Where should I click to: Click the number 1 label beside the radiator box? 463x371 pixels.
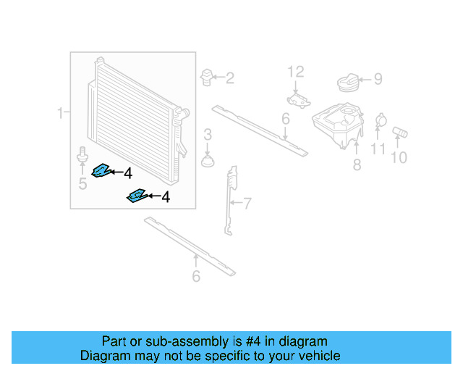pos(61,112)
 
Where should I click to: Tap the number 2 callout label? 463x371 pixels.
pos(229,78)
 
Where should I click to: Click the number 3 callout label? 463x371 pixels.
pos(208,134)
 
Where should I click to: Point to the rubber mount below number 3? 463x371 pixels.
pos(208,159)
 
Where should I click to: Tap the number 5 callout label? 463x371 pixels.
pos(82,184)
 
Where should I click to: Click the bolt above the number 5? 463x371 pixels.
pos(82,156)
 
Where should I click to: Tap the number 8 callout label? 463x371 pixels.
pos(357,165)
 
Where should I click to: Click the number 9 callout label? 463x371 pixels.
pos(378,80)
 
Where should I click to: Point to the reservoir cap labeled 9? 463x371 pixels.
pos(350,83)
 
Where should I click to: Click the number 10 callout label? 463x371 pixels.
pos(399,157)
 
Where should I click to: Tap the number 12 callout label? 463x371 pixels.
pos(297,71)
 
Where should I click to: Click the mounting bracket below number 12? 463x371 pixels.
pos(297,99)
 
